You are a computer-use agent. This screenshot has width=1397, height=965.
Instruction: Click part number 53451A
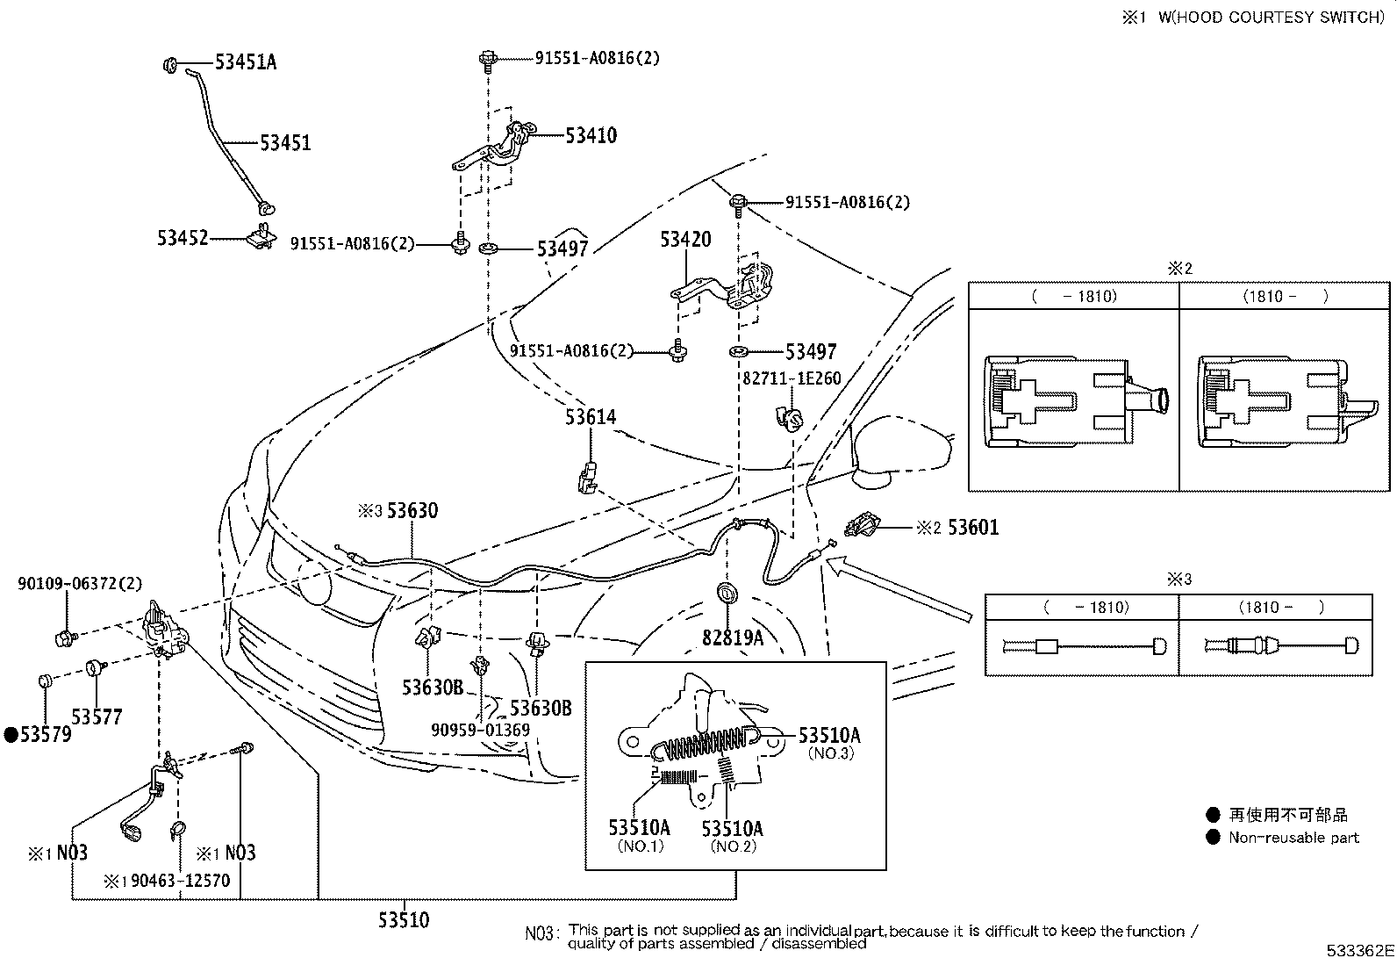[246, 62]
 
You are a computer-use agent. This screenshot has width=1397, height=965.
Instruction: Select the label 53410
[591, 136]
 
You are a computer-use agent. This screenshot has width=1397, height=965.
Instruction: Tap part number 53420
[685, 239]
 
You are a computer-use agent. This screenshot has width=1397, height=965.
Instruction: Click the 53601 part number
[973, 528]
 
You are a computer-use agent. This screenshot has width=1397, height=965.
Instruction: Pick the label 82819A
[733, 638]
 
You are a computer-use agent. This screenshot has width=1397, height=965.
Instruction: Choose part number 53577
[97, 717]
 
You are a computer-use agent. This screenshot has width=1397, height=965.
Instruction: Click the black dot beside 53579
[11, 735]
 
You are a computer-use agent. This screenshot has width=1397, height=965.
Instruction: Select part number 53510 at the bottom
[404, 920]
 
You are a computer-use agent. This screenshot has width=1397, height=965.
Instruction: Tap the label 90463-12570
[180, 880]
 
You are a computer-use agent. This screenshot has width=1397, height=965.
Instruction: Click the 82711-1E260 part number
[792, 379]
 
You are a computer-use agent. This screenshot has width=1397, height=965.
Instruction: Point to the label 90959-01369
[480, 730]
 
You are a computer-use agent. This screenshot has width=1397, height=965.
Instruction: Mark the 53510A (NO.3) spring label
[828, 736]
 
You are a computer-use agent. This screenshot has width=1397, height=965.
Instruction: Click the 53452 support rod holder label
[183, 238]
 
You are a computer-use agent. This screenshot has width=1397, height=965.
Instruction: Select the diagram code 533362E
[1359, 951]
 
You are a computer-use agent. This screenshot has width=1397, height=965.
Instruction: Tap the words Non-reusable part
[1293, 838]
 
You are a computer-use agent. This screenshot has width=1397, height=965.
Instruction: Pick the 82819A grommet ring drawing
[728, 594]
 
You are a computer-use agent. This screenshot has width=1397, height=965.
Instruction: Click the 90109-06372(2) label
[80, 583]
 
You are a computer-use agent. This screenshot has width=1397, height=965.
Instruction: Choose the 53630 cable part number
[412, 511]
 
